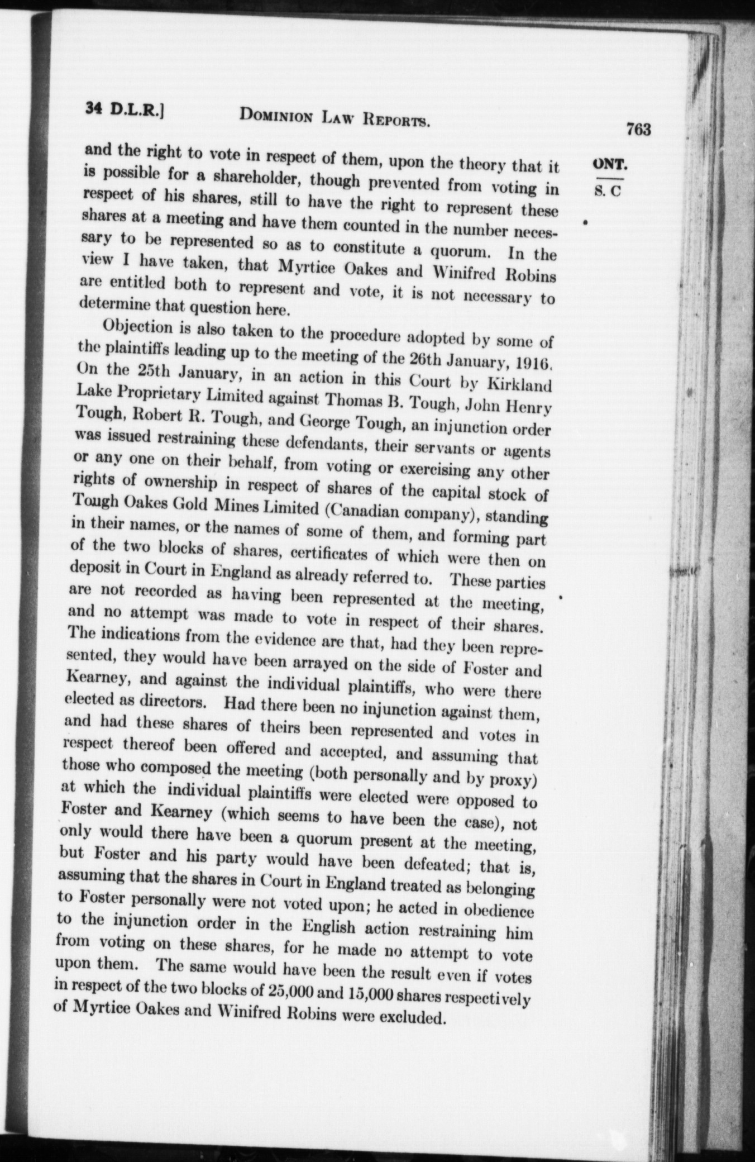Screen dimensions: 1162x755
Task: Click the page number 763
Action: tap(638, 129)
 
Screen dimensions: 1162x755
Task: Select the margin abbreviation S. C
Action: tap(608, 191)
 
